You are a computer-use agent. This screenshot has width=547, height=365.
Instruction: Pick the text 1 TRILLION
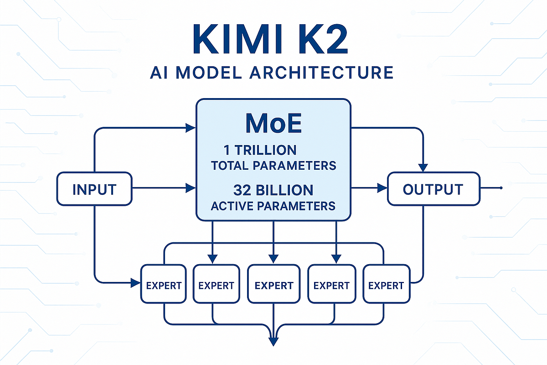coord(260,150)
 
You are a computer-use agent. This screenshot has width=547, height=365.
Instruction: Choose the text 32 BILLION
coord(273,190)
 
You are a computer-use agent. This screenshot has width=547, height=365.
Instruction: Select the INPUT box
coord(94,189)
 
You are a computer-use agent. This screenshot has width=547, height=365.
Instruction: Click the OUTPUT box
coord(433,189)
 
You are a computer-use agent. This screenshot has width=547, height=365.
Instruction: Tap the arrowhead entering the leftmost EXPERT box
coord(135,283)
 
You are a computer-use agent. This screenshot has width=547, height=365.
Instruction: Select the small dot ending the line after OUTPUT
coord(501,188)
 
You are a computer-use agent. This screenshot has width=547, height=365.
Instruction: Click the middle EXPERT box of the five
coord(273,285)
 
